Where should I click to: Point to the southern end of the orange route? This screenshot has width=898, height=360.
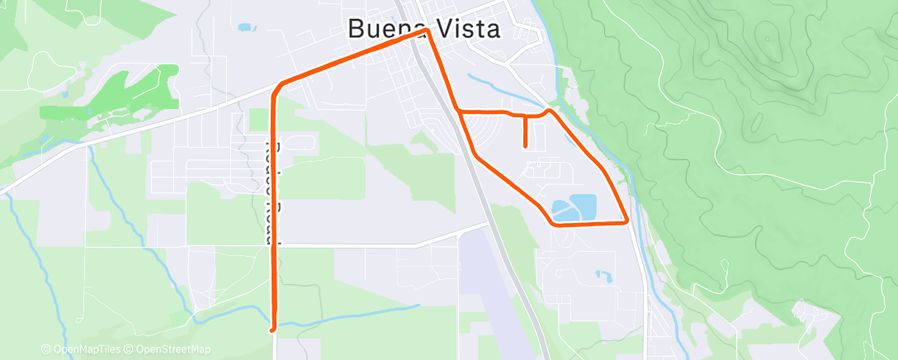[x=273, y=328]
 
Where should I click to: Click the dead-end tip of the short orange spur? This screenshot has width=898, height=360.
[x=525, y=146]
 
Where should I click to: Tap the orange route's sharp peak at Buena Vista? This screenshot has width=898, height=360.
[x=428, y=31]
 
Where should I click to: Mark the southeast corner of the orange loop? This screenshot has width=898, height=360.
[x=628, y=221]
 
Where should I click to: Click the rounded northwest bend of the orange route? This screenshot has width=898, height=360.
[x=281, y=84]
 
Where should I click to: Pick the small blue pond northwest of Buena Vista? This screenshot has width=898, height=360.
[x=245, y=27]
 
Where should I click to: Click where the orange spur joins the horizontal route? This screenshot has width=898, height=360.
[x=525, y=115]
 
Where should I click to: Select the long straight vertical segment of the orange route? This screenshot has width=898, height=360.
[x=274, y=206]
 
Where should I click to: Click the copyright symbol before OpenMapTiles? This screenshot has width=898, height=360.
[x=46, y=349]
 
